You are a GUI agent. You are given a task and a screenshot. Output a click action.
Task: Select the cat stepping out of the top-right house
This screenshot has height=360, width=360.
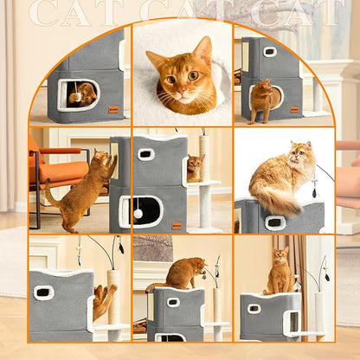(x=262, y=100)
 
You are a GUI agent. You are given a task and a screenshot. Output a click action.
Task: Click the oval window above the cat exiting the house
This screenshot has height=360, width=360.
(x=270, y=52)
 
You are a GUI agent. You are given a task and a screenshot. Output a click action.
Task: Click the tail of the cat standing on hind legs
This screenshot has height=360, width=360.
(x=52, y=198)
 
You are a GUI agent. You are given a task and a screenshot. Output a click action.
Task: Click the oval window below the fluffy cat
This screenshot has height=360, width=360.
(x=276, y=223)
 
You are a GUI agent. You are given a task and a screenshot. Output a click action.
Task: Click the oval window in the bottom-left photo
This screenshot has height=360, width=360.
(x=44, y=293)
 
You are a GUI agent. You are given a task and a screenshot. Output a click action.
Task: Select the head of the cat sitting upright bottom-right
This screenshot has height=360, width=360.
(x=280, y=256)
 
